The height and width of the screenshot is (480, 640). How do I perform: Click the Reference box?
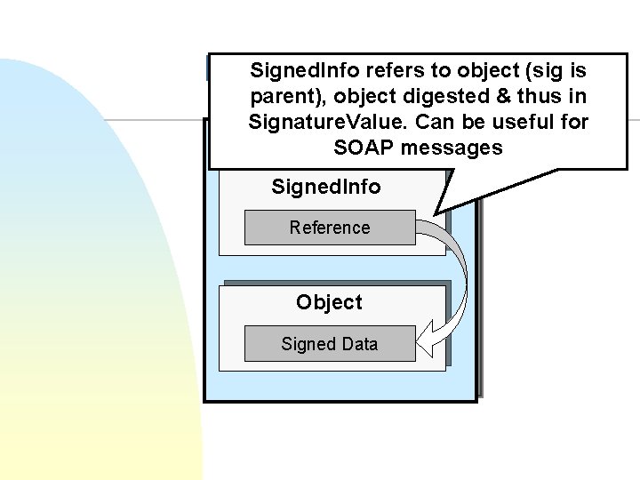pyautogui.click(x=329, y=228)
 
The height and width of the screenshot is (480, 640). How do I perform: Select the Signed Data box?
pyautogui.click(x=329, y=344)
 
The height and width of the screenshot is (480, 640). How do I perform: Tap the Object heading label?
pyautogui.click(x=329, y=302)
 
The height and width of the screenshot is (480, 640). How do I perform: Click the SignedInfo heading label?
pyautogui.click(x=325, y=187)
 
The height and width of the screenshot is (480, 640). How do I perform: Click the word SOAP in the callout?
pyautogui.click(x=363, y=148)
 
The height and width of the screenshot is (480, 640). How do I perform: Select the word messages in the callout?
pyautogui.click(x=451, y=148)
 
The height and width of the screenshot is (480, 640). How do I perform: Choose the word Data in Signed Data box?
pyautogui.click(x=359, y=344)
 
